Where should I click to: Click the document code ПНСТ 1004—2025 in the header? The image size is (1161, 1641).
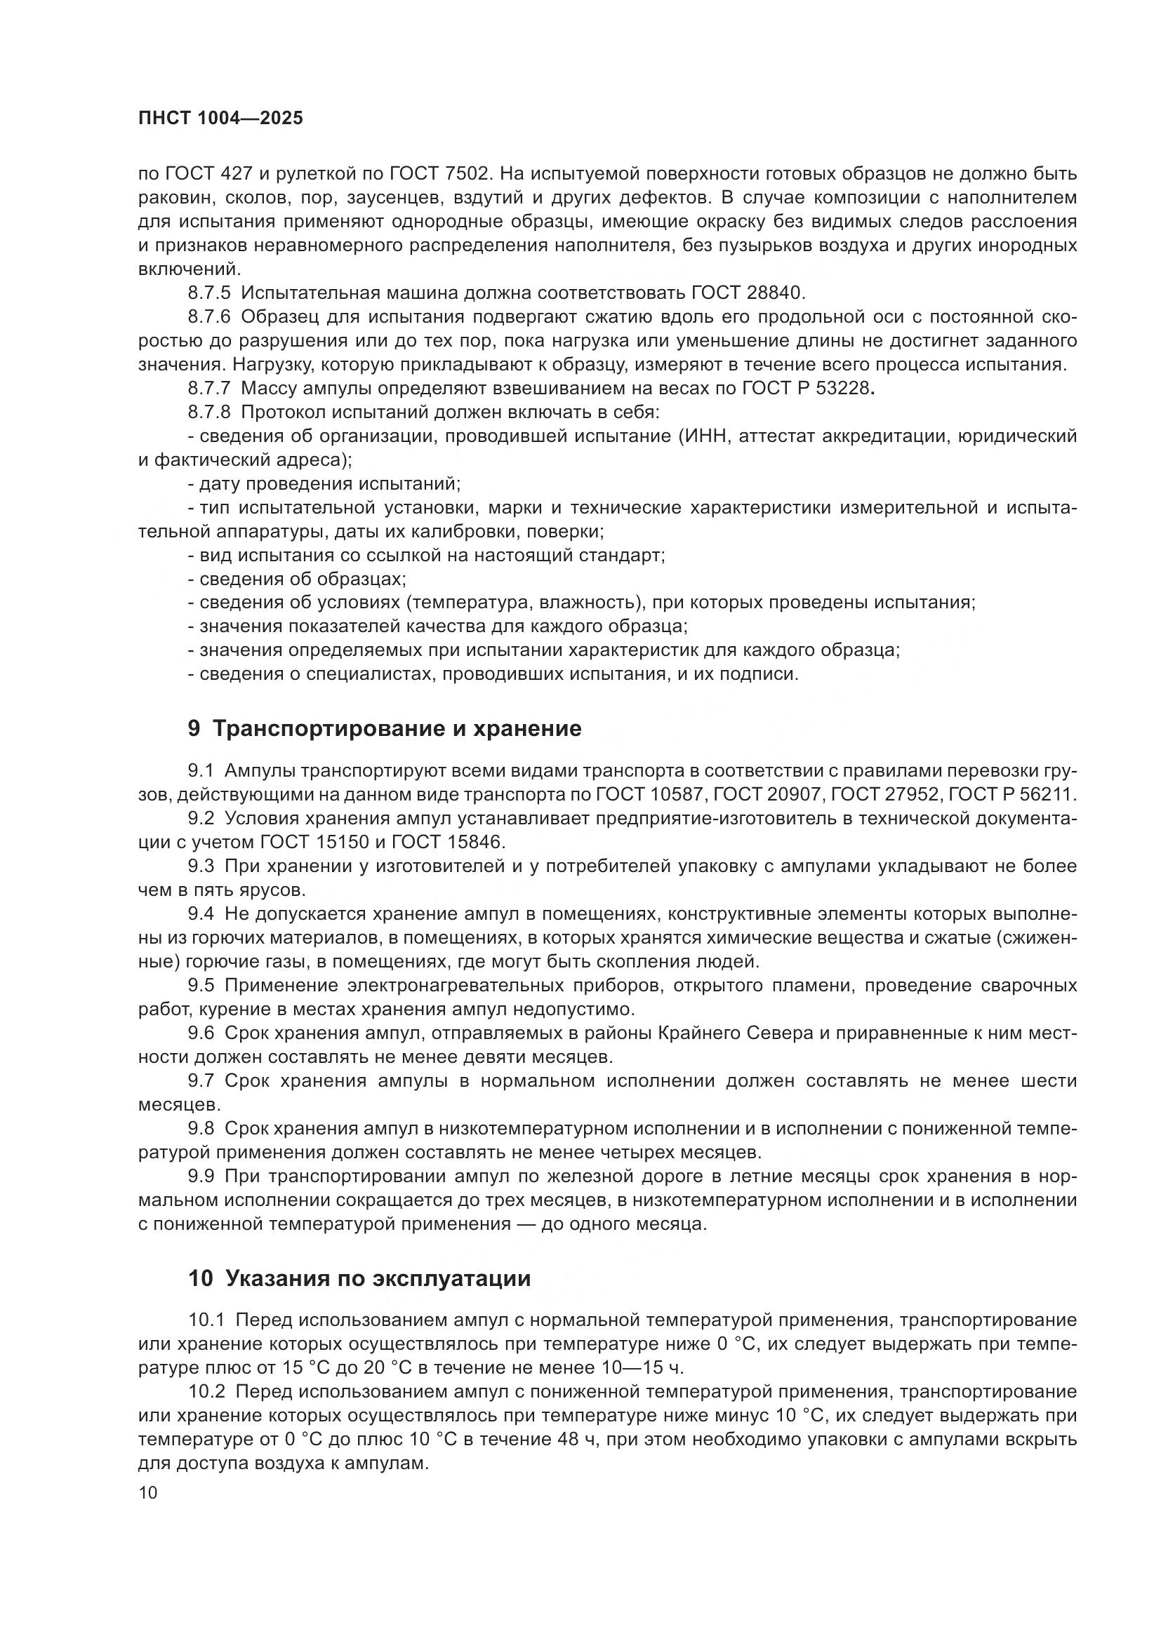[x=220, y=118]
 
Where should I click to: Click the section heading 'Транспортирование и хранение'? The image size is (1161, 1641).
[x=397, y=728]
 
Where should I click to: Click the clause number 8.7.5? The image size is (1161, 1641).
[x=209, y=293]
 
